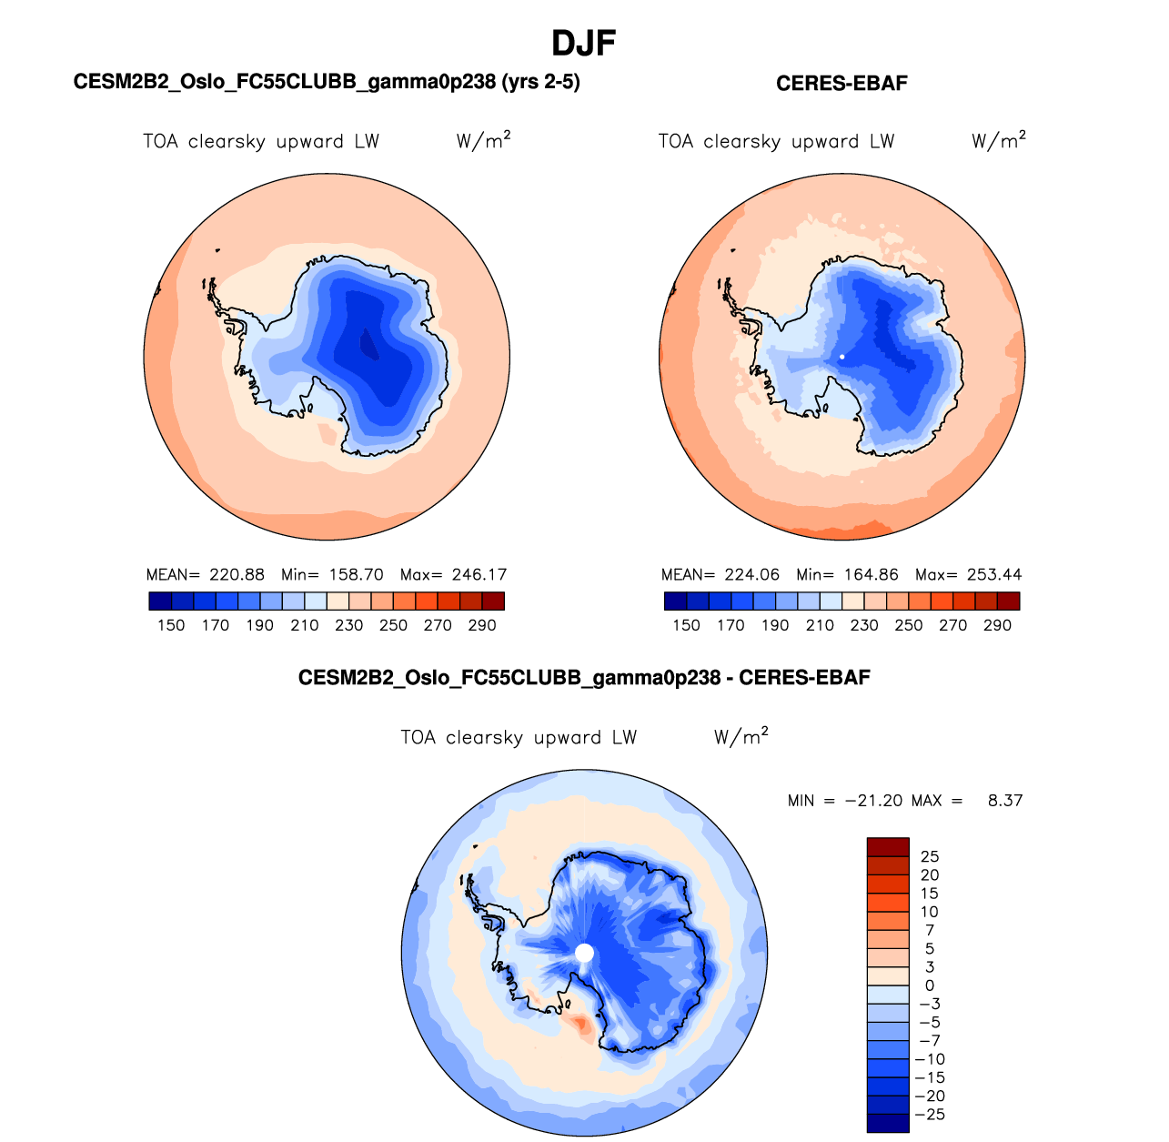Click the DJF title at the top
point(584,43)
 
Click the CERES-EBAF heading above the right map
point(841,84)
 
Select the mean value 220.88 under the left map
point(237,575)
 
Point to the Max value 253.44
point(994,575)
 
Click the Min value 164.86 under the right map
point(871,575)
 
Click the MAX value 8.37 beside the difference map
point(1005,801)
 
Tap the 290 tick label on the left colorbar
point(482,625)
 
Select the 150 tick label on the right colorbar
point(686,625)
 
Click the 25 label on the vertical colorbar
point(930,856)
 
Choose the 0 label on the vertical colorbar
point(929,985)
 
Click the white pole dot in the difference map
point(585,953)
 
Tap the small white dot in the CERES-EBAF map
point(842,357)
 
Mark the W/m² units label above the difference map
point(741,736)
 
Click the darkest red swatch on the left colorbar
point(493,601)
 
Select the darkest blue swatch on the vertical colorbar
point(888,1124)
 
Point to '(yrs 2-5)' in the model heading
point(540,82)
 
